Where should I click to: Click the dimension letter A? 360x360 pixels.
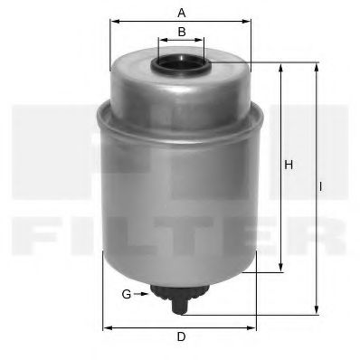point(182,13)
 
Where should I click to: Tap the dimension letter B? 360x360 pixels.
point(182,32)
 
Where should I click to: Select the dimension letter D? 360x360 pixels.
point(181,336)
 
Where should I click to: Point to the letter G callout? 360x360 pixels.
point(127,294)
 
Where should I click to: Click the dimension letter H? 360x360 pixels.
point(289,165)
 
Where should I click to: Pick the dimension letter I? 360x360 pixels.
point(321,187)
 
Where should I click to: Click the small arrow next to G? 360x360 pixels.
point(141,294)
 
